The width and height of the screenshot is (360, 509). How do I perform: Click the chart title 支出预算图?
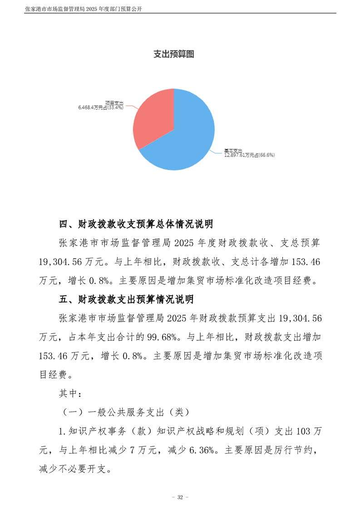click(x=174, y=54)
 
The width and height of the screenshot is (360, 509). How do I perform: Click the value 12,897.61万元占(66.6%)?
click(x=249, y=155)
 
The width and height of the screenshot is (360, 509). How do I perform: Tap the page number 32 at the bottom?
click(x=180, y=498)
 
